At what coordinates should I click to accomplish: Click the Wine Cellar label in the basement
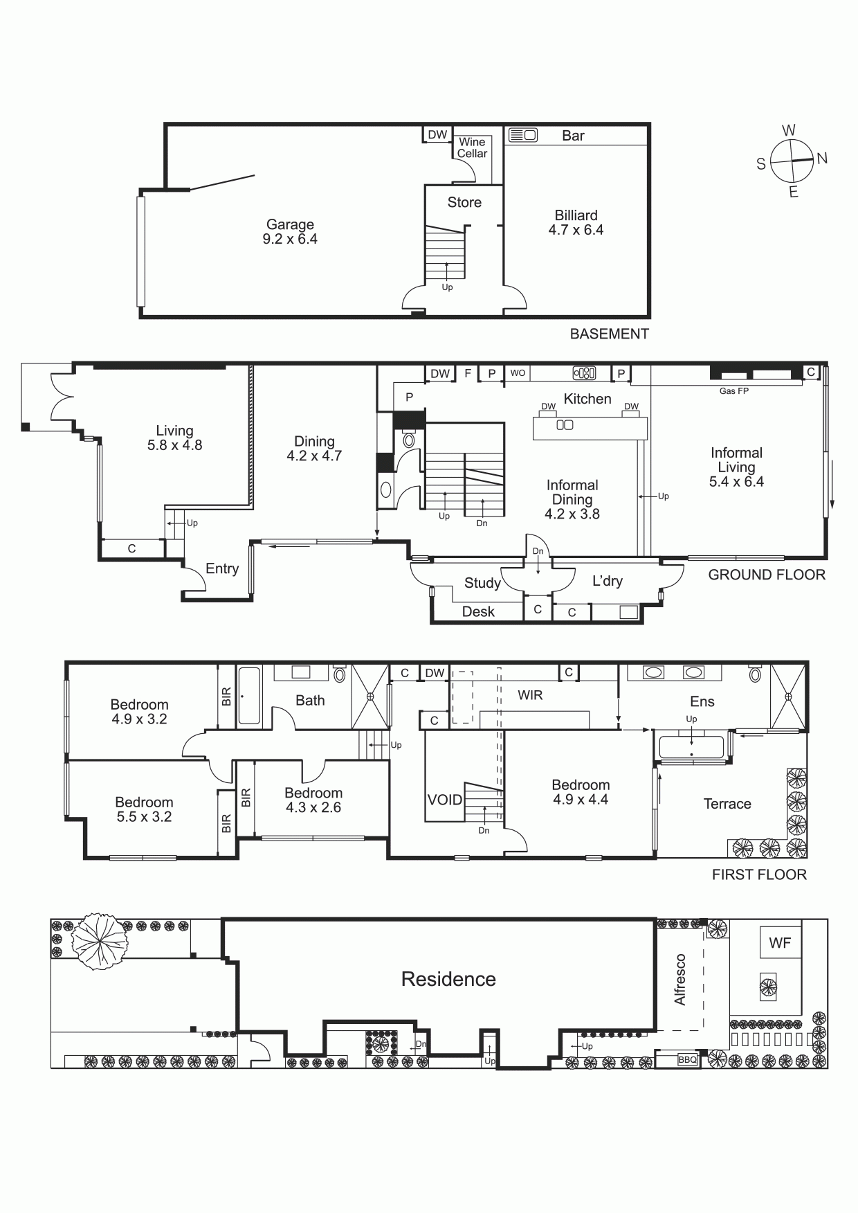472,147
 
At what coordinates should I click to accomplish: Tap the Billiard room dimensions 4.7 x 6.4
576,230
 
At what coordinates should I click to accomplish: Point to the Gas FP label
734,390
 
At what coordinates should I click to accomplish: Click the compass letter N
822,158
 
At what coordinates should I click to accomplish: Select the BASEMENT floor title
609,334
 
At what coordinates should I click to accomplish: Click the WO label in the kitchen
518,372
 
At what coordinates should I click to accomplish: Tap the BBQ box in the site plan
687,1060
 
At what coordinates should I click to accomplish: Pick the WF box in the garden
780,942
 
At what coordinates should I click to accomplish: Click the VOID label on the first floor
444,800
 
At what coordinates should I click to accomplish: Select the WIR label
530,694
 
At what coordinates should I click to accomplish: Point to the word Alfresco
680,979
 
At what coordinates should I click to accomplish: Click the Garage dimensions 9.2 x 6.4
290,239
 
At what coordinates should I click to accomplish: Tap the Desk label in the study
478,611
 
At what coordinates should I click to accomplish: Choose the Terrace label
727,804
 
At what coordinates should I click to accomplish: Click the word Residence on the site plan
448,979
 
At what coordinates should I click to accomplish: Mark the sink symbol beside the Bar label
522,135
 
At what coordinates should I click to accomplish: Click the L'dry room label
607,581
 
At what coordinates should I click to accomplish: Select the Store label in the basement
464,202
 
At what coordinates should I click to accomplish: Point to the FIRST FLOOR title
759,874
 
